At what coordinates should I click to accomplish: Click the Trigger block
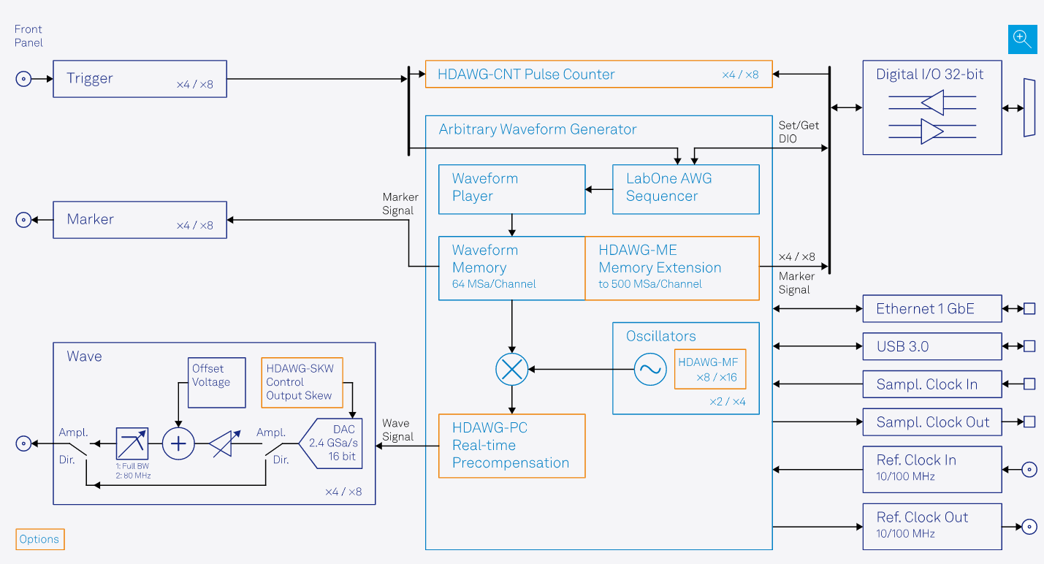click(x=140, y=79)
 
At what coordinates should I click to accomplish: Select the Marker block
click(x=140, y=220)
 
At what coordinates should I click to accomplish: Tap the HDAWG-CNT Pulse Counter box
click(x=598, y=75)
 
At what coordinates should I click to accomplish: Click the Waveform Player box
click(x=511, y=189)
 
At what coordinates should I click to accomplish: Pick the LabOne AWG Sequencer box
click(x=685, y=189)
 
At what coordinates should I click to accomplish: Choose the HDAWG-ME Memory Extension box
click(x=671, y=268)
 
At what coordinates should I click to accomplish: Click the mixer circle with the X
click(x=511, y=370)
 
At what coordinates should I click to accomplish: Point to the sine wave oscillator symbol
click(x=649, y=370)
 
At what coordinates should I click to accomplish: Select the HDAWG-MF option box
click(x=709, y=369)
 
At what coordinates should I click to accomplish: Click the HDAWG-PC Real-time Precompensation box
click(x=511, y=446)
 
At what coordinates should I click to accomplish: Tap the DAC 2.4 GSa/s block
click(x=337, y=443)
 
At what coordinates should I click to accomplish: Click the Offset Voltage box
click(x=217, y=382)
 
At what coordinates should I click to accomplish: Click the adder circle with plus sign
click(x=178, y=443)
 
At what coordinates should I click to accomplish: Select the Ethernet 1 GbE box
click(x=931, y=309)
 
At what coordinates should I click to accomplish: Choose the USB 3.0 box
click(x=931, y=346)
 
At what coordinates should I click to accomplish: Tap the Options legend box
click(x=40, y=539)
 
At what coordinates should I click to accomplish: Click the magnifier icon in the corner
click(x=1022, y=39)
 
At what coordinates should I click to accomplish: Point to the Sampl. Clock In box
click(x=931, y=384)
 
